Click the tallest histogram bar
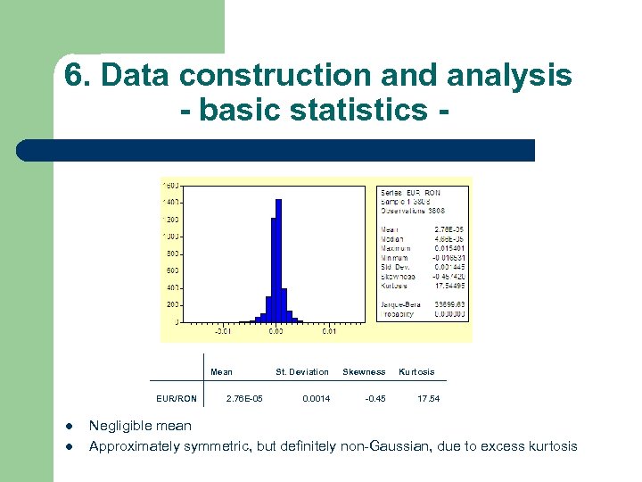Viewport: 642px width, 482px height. (x=278, y=260)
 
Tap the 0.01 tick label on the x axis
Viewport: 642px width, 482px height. (x=329, y=331)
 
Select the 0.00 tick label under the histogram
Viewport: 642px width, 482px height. (x=276, y=331)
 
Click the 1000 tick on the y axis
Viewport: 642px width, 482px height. (x=170, y=237)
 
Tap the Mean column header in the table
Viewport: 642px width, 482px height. (x=221, y=371)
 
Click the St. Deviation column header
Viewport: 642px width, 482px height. (x=302, y=371)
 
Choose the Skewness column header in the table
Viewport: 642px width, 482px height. (x=364, y=371)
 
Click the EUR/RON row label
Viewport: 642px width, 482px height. (x=176, y=398)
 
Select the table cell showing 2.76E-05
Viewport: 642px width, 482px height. (x=245, y=398)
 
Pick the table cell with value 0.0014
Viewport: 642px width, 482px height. (x=316, y=398)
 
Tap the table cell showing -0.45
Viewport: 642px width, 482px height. (x=375, y=398)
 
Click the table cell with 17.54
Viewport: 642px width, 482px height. (x=429, y=398)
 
